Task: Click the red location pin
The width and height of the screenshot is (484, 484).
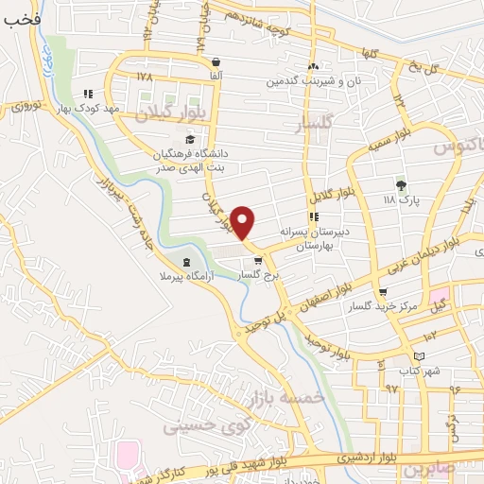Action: (x=243, y=222)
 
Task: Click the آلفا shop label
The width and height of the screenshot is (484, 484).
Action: (x=216, y=74)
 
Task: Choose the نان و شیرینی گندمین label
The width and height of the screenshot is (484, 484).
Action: (x=274, y=82)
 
